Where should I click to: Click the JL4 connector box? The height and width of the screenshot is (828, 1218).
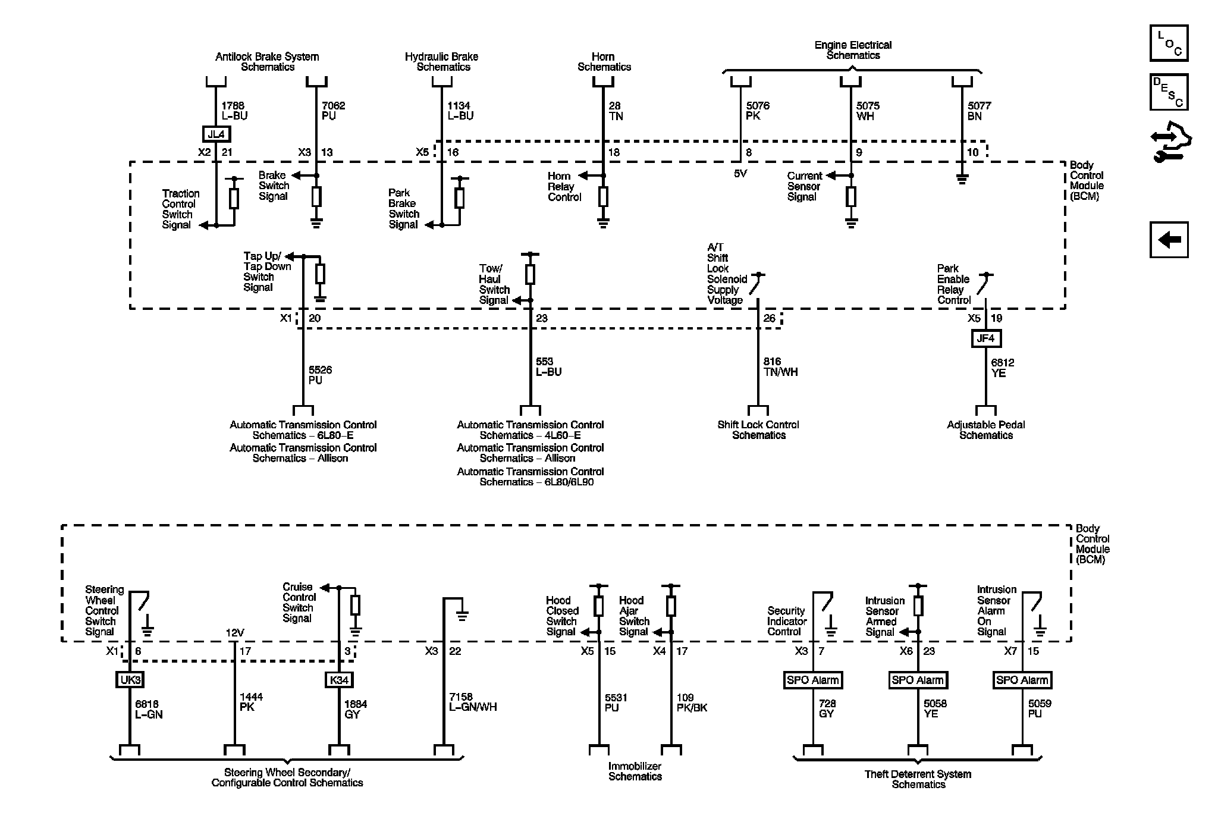pos(216,134)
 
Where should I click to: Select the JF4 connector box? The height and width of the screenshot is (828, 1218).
pos(985,338)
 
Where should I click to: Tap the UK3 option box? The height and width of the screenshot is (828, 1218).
pos(130,680)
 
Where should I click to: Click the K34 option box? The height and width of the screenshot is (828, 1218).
pos(339,680)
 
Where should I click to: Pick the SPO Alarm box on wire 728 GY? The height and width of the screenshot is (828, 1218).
pos(813,680)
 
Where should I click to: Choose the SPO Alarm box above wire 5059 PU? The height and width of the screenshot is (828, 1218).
pos(1022,680)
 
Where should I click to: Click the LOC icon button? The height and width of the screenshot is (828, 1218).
pos(1169,43)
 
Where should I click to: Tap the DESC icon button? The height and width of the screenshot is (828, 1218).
pos(1169,92)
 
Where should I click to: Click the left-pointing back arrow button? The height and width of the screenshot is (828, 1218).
pos(1169,240)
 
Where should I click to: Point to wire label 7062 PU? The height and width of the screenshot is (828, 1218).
pos(333,111)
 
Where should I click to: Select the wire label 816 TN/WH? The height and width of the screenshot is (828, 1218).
pos(780,366)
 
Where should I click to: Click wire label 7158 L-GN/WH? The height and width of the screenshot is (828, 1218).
pos(473,702)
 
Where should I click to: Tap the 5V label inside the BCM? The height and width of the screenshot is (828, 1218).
pos(740,174)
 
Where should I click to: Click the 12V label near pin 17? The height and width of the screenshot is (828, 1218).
pos(235,633)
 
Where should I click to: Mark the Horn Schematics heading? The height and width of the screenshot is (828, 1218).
pos(604,62)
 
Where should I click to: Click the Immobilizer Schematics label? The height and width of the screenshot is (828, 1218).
pos(635,771)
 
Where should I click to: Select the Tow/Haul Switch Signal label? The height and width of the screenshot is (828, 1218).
pos(494,284)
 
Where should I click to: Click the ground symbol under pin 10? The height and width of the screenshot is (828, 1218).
pos(962,178)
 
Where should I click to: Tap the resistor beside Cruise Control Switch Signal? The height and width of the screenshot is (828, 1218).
pos(355,606)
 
